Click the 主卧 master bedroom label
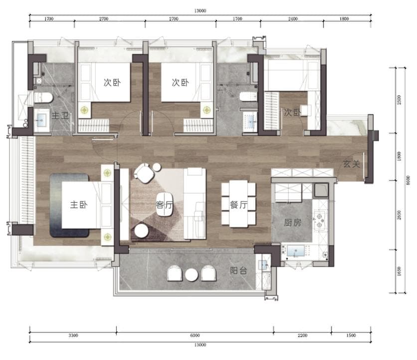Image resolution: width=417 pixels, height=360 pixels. (78, 205)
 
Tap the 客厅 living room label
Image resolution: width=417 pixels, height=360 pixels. (164, 205)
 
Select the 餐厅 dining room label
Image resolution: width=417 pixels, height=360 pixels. (238, 205)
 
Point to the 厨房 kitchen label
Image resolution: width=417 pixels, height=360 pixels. (292, 222)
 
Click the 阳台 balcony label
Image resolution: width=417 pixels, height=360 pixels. (238, 271)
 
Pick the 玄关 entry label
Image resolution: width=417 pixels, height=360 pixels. (351, 164)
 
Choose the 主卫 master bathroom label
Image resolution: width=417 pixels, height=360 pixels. (60, 115)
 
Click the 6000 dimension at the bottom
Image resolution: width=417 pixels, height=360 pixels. (195, 335)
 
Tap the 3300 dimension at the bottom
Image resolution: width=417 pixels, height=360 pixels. (73, 335)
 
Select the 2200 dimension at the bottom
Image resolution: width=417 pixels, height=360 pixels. (302, 335)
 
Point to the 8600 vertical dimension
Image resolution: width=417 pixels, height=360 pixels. (408, 181)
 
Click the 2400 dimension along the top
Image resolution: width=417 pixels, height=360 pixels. (292, 18)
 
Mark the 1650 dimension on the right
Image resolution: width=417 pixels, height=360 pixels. (399, 271)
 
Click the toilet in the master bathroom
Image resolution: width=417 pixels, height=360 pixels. (43, 97)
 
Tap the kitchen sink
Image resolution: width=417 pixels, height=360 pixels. (295, 251)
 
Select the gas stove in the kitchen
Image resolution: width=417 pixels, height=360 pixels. (319, 220)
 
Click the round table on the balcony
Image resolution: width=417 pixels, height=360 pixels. (192, 275)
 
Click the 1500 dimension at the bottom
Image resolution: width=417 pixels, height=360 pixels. (351, 335)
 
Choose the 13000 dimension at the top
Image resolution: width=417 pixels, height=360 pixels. (200, 10)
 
